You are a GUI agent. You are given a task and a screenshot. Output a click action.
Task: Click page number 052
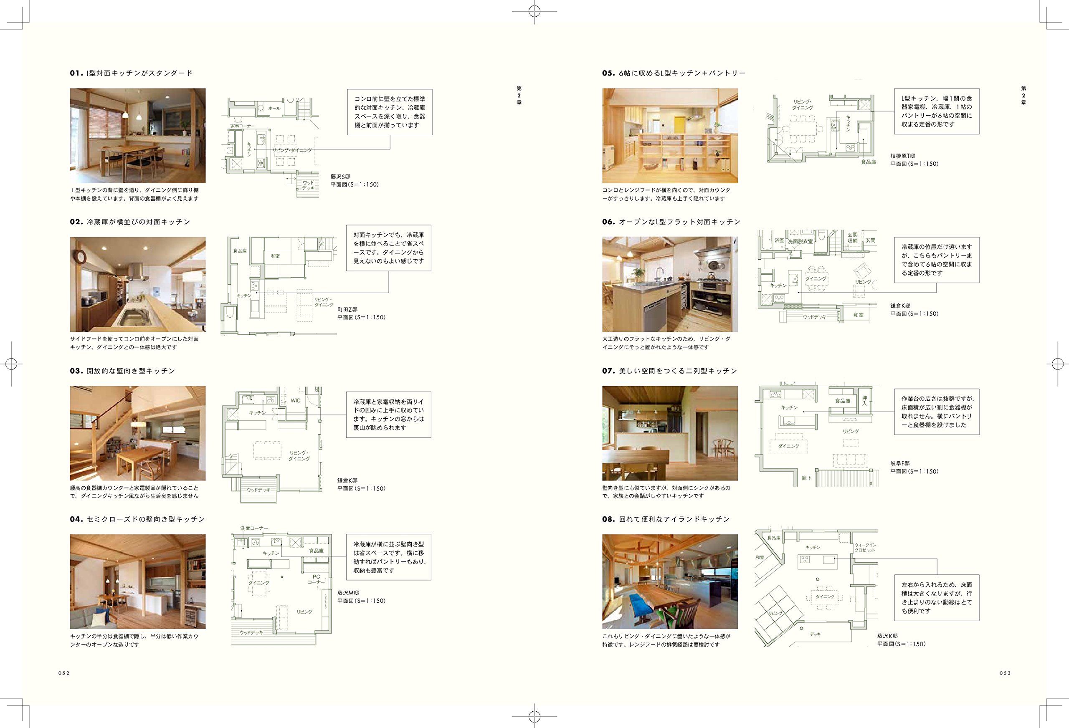tap(64, 673)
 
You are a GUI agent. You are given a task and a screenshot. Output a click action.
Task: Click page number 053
tap(1005, 673)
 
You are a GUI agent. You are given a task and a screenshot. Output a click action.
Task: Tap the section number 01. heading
tap(76, 73)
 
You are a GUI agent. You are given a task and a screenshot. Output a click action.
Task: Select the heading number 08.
tap(608, 519)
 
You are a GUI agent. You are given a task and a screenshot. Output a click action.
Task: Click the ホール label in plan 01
tap(274, 109)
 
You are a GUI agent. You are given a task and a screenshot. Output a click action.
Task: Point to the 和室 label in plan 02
tap(275, 256)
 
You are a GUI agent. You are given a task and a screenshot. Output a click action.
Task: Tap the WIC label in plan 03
tap(295, 401)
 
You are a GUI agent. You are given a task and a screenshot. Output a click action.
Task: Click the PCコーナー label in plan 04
tap(316, 579)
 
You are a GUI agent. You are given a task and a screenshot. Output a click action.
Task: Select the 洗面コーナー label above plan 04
tap(254, 528)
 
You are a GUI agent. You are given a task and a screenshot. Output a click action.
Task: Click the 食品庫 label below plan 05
tap(869, 162)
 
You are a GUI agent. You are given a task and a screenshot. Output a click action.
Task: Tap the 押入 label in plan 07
tap(864, 401)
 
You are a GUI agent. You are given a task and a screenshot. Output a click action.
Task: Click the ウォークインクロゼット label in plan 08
tap(865, 547)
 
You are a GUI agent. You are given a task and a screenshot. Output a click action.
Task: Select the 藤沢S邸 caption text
tap(340, 177)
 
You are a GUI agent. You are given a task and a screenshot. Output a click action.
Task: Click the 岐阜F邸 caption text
tap(900, 463)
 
